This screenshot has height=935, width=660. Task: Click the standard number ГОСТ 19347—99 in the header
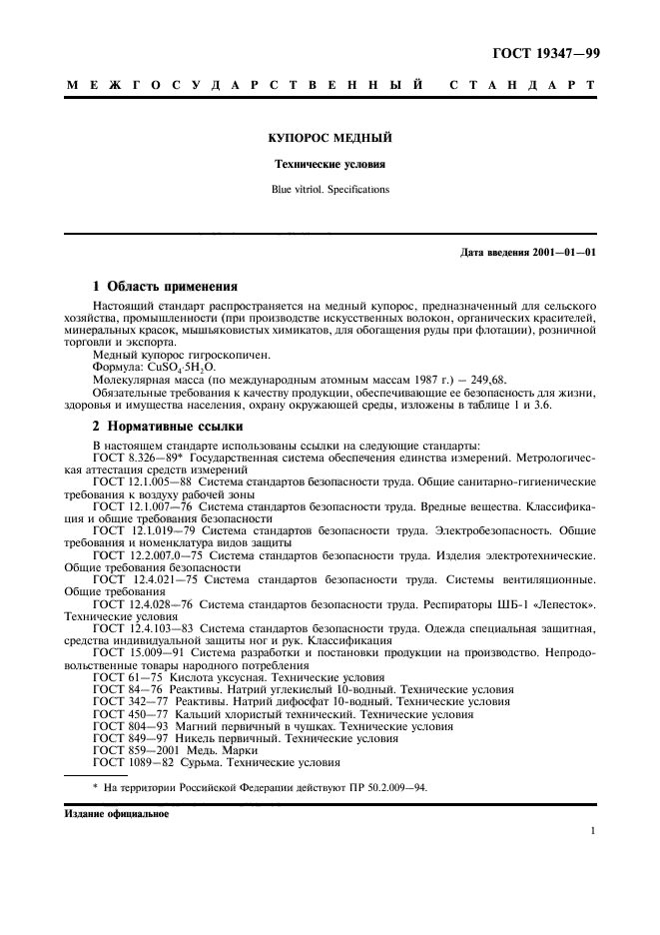tap(545, 52)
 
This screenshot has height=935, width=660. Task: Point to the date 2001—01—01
tap(563, 252)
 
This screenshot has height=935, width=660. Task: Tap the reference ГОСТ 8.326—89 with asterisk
tap(131, 457)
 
